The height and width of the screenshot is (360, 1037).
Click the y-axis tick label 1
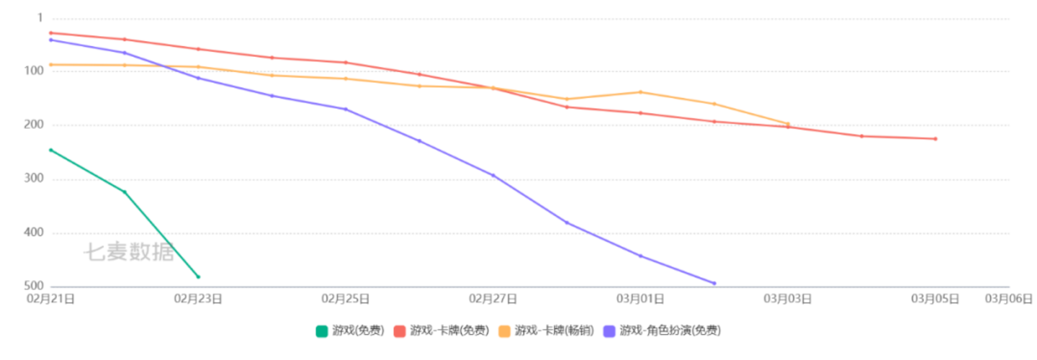point(40,17)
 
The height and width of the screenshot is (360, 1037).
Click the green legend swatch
point(322,331)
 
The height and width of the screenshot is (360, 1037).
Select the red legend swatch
point(400,331)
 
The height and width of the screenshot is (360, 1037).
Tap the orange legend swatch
point(505,331)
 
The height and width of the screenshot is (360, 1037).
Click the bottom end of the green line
point(199,276)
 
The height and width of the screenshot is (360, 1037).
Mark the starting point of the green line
point(49,149)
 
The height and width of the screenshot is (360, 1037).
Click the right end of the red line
point(936,139)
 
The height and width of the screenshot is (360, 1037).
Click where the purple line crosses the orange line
point(165,67)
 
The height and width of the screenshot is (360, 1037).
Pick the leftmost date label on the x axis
point(50,298)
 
